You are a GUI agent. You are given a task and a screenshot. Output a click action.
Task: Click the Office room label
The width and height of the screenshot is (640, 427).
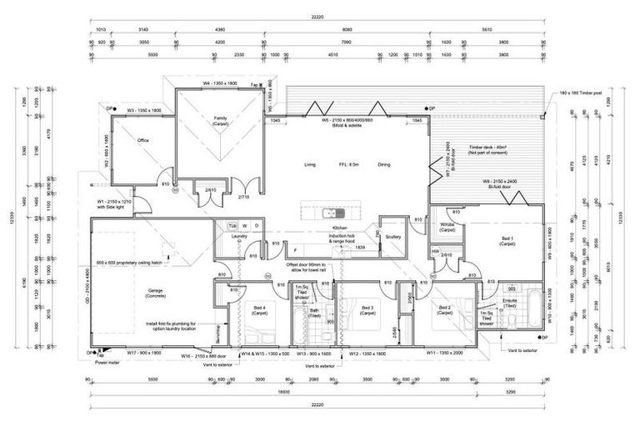point(142,140)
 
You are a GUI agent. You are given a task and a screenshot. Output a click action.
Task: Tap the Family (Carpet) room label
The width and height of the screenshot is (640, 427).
point(220,121)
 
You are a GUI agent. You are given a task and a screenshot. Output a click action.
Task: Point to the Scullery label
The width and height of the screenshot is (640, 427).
point(394,237)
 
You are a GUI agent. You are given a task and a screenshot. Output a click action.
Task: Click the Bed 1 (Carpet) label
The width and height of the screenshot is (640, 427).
point(507,241)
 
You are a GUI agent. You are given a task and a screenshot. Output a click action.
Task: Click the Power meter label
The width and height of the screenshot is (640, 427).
point(108,362)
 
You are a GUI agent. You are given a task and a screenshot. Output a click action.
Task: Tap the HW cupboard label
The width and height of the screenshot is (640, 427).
point(435,251)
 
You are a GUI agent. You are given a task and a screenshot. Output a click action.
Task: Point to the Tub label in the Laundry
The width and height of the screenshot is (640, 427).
point(232,226)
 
